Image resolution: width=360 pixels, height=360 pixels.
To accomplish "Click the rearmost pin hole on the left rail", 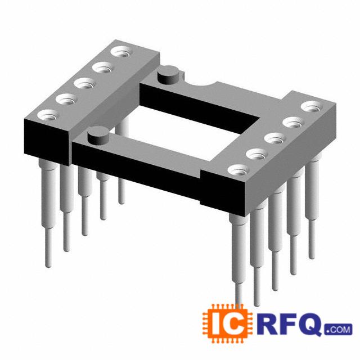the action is click(x=120, y=52).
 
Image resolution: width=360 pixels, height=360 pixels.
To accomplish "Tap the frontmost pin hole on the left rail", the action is click(x=47, y=115).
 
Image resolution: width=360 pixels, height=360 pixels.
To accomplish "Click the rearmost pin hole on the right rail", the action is click(x=311, y=107).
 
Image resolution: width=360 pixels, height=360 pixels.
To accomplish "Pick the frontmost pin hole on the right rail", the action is click(x=238, y=170).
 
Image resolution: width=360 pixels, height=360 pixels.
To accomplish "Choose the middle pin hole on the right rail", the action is click(x=274, y=139).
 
